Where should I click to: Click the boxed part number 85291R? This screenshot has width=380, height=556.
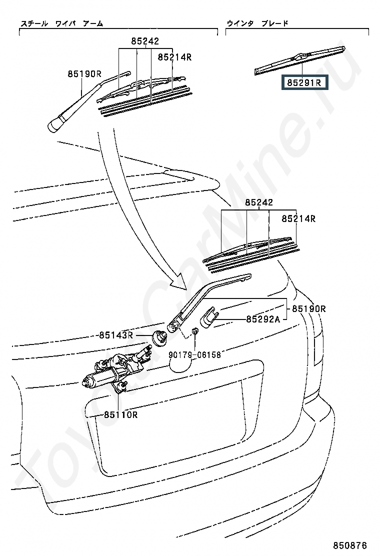click(x=304, y=82)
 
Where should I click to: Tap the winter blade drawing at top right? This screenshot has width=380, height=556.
click(x=300, y=58)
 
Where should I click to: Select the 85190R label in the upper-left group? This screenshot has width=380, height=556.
click(x=85, y=74)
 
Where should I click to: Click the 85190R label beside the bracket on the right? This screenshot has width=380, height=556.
click(x=309, y=309)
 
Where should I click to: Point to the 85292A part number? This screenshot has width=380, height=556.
click(x=263, y=319)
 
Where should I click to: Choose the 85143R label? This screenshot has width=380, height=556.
click(x=115, y=335)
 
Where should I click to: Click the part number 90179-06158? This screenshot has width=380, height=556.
click(x=194, y=354)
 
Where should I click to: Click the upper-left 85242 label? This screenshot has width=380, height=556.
click(x=145, y=42)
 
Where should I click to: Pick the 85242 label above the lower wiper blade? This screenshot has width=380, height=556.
click(x=259, y=203)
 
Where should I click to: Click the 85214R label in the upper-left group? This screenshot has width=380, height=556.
click(x=175, y=57)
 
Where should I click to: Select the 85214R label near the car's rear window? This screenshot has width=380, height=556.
click(x=298, y=218)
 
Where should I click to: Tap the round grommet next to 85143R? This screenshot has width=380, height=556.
click(x=159, y=338)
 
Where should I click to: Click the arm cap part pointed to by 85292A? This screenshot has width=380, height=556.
click(x=210, y=317)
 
